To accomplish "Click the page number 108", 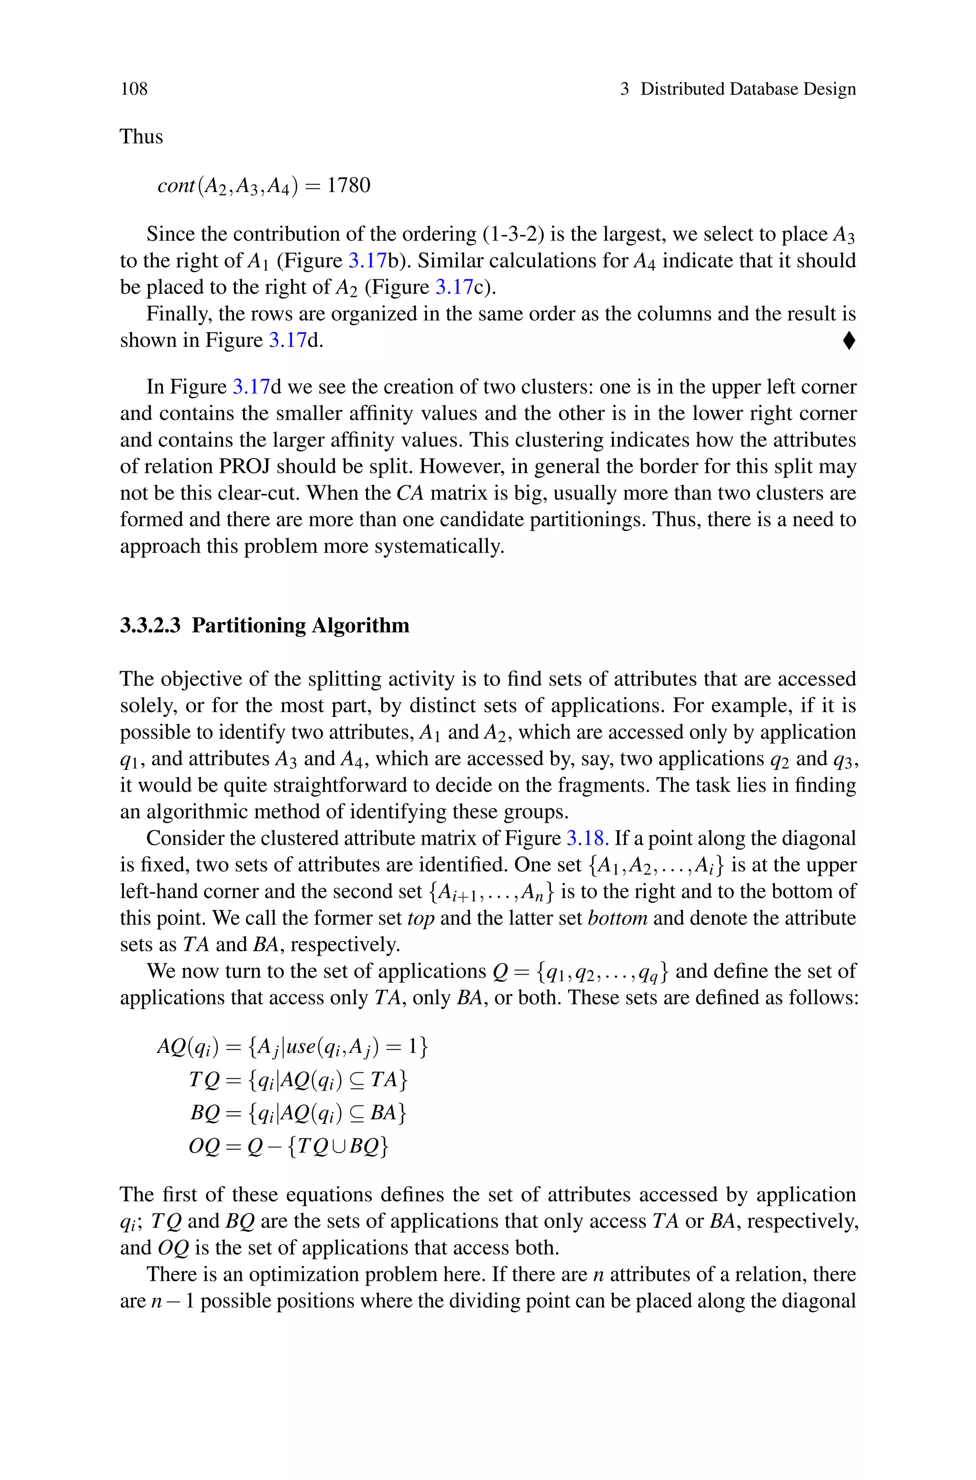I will pos(134,89).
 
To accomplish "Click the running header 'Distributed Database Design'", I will pos(748,89).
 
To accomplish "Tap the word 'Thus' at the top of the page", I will pos(141,136).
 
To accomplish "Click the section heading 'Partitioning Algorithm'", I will pos(301,625).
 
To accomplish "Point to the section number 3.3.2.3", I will pos(150,625).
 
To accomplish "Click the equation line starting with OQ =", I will pos(289,1146).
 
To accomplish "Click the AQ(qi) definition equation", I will pos(293,1047).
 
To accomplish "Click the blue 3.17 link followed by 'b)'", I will pos(367,261).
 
